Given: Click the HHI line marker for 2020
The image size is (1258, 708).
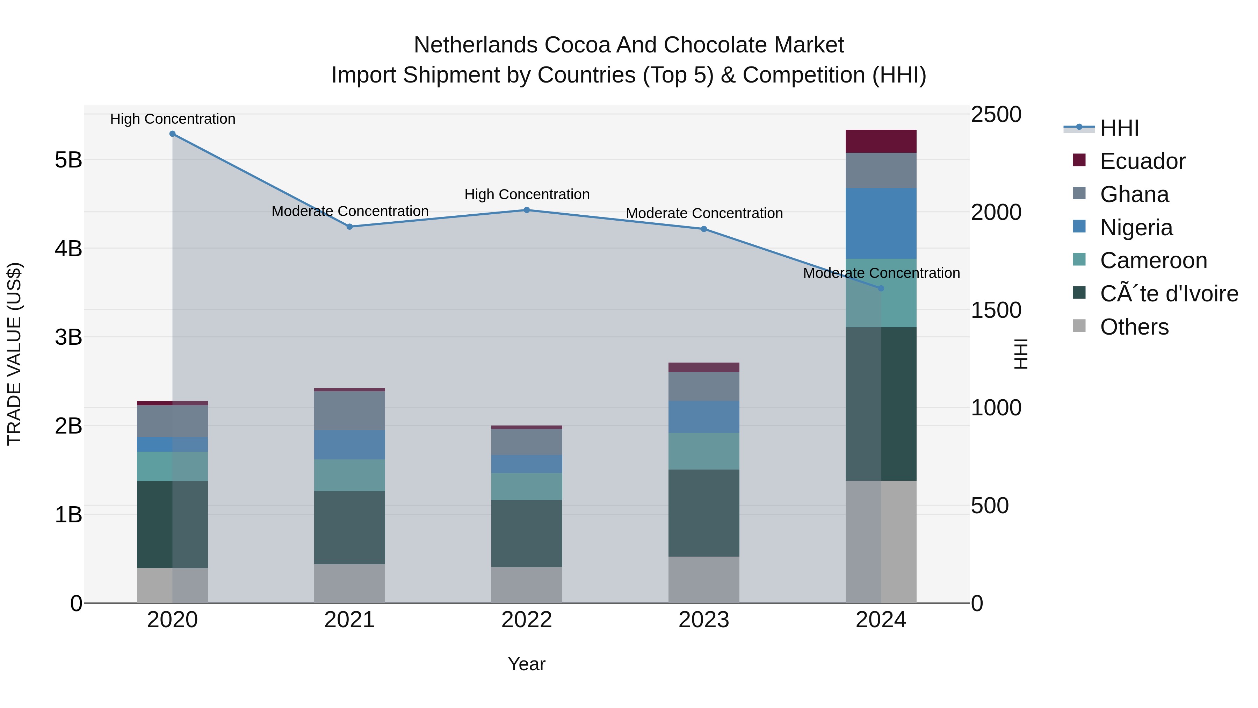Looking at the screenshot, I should (172, 134).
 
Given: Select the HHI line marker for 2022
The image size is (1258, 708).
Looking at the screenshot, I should (527, 210).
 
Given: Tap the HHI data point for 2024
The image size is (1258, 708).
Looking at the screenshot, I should (881, 288).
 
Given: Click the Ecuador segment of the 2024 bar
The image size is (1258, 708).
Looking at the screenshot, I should (881, 141).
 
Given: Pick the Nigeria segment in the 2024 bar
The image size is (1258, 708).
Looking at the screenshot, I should (881, 223).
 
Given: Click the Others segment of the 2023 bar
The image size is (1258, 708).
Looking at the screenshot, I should (704, 579).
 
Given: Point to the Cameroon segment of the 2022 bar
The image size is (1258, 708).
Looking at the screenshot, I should (527, 486).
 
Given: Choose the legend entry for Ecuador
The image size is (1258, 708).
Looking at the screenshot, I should (1142, 161).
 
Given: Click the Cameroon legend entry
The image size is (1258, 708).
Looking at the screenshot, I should (1153, 260).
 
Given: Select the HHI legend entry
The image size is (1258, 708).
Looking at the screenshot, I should (1119, 128).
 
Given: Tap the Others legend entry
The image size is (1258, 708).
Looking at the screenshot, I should (1134, 327).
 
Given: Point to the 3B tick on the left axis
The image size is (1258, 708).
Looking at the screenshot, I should (68, 337).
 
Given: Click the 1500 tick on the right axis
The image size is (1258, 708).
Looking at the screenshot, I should (996, 310).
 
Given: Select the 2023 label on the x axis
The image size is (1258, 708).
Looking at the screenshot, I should (704, 620).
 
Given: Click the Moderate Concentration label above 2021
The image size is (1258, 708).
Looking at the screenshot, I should (350, 211).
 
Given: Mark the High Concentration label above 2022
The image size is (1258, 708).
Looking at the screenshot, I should (527, 194).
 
